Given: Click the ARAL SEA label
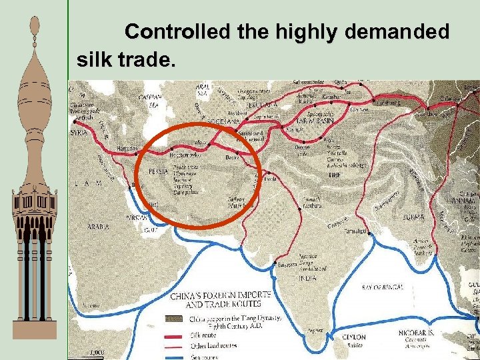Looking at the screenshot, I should pos(203,89).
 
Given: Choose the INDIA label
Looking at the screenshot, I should pos(307,277).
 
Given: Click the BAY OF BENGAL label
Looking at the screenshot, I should pos(383,287).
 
